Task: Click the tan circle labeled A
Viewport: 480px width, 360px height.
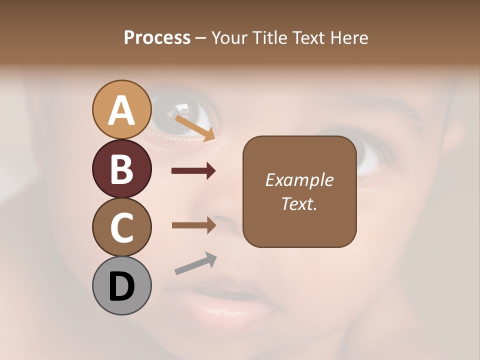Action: [122, 109]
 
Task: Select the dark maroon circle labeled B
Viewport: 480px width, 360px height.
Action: [122, 168]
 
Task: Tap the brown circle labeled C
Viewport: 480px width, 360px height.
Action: [122, 227]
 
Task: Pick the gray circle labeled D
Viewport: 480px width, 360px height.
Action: [122, 285]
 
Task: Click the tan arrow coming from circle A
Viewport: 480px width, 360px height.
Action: [194, 128]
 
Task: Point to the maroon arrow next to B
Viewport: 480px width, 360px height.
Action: [193, 171]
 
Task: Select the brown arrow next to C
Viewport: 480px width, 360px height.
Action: [193, 225]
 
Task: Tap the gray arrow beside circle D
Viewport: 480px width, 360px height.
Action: [195, 263]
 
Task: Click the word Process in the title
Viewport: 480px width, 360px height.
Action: [157, 38]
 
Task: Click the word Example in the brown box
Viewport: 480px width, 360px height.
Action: [299, 180]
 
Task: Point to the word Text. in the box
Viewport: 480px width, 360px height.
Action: [299, 203]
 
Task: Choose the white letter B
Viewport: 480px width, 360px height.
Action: [122, 169]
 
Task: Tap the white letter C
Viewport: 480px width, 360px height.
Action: [122, 227]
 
